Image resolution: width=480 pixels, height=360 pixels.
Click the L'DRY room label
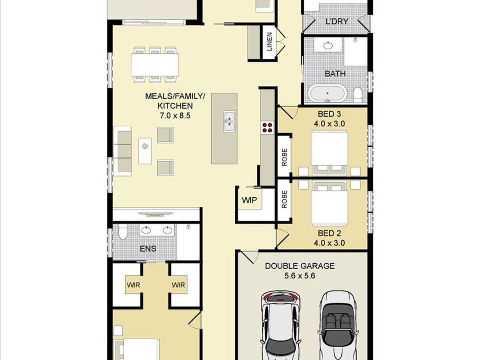coord(337,22)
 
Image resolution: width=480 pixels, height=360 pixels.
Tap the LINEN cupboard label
coord(270,42)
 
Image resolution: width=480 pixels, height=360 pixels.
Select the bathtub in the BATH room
coord(327,94)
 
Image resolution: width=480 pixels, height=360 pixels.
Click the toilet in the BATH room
coord(358,94)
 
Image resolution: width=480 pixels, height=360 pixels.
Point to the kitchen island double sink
coord(229,122)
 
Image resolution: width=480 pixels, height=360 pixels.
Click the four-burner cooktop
coord(268,128)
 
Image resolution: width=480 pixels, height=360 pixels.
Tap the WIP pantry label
coord(249,200)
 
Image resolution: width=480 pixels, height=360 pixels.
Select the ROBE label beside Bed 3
coord(284,157)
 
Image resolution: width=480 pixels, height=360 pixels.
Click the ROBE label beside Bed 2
coord(284,199)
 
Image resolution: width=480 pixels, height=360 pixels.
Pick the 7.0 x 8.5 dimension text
coord(175,116)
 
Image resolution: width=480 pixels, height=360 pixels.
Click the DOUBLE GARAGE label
coord(300,266)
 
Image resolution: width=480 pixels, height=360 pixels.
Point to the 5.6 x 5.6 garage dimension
coord(300,276)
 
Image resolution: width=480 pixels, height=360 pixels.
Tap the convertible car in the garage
coord(338,325)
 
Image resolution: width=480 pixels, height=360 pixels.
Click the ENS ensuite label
coord(148,249)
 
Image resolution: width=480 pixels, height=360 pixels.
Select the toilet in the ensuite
coord(123,232)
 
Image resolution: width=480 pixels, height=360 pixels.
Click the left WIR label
coord(133,285)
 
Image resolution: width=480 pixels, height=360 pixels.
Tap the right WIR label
coord(178,285)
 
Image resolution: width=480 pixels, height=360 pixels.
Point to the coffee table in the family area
coord(145,151)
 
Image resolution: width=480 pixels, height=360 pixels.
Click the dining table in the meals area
coord(155,65)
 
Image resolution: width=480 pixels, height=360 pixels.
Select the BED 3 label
coord(329,114)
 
